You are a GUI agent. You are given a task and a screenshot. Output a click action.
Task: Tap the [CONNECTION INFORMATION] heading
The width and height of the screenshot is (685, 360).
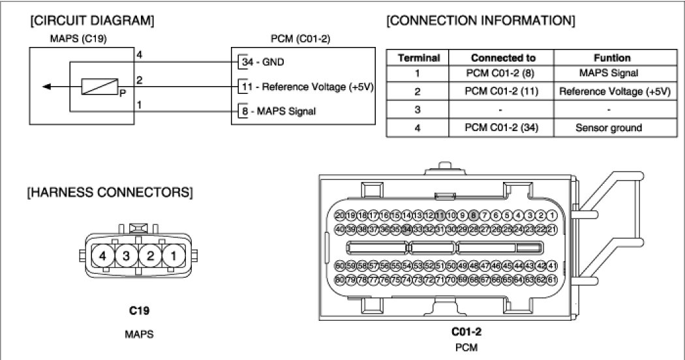point(481,21)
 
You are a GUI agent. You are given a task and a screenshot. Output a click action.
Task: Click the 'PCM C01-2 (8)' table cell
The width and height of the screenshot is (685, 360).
point(499,74)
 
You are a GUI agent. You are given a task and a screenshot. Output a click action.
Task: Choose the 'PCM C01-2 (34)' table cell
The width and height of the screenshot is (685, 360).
point(499,128)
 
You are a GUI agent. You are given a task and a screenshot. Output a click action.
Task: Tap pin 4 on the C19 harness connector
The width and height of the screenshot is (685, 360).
point(102,256)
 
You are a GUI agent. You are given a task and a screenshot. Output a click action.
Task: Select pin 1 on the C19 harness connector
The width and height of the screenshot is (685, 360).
point(174,256)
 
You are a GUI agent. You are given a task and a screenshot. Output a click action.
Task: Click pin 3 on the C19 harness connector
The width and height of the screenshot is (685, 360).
point(126,256)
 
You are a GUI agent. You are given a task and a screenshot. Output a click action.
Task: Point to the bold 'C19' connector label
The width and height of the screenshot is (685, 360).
point(138,311)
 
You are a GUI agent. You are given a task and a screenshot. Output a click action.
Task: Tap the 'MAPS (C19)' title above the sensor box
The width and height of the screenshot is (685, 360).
point(78,39)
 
